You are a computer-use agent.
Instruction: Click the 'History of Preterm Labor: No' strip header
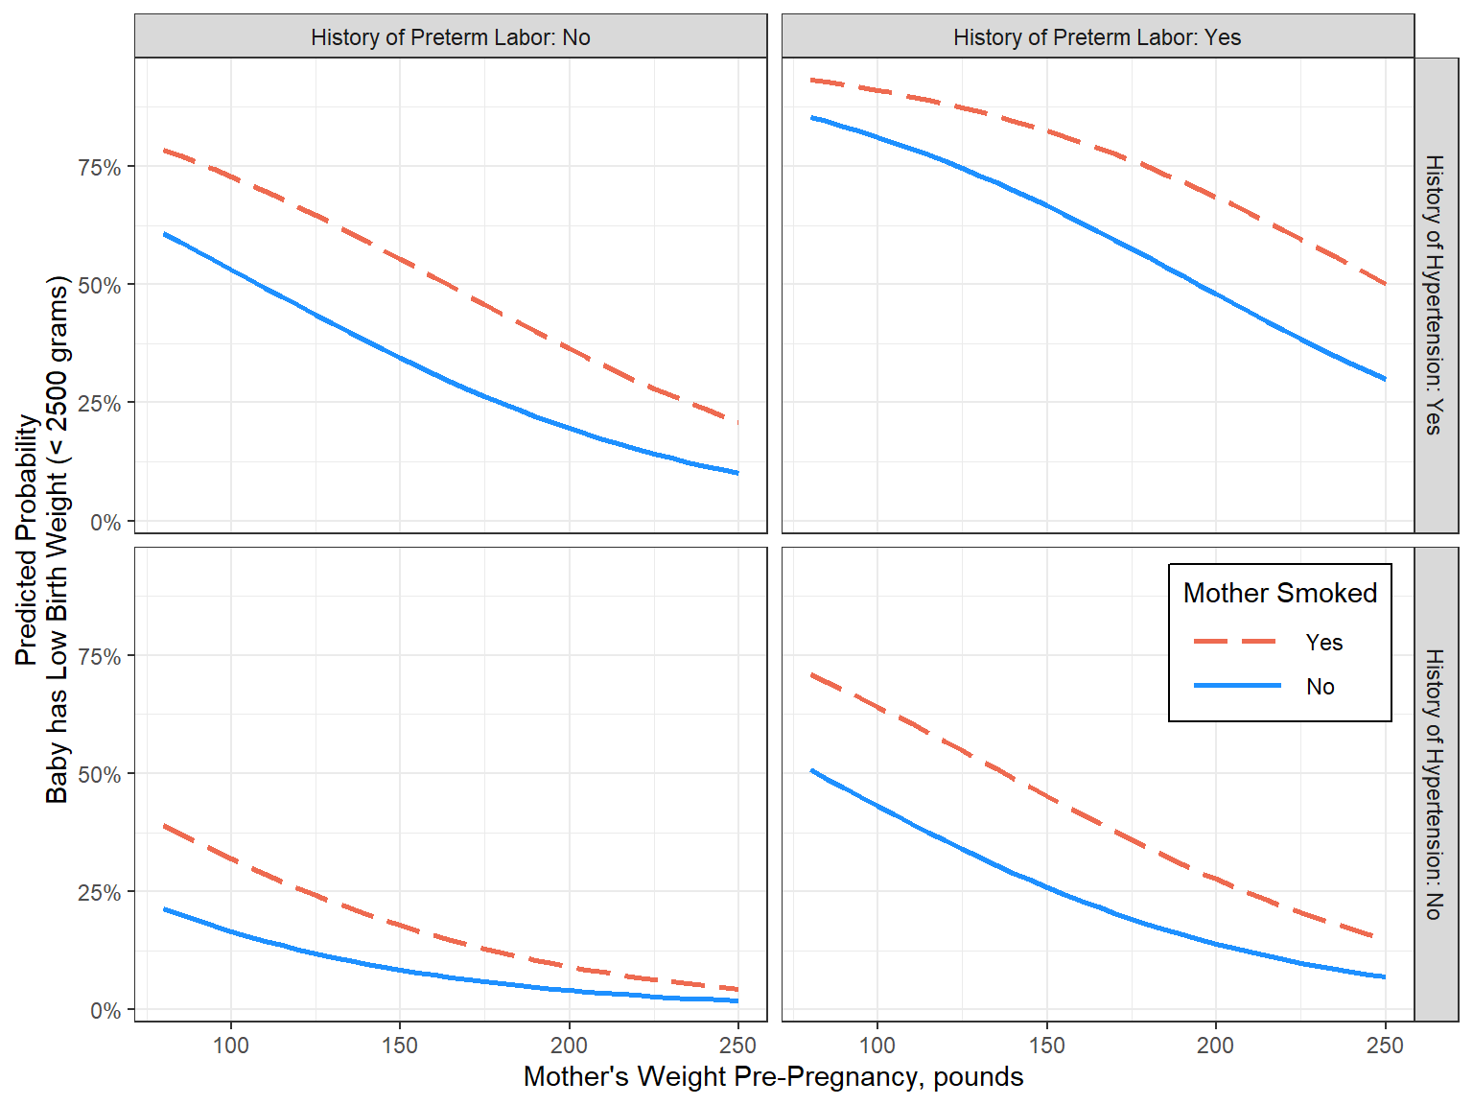coord(450,37)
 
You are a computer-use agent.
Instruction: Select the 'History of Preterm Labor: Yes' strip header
coord(1096,37)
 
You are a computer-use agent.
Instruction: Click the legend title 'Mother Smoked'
coord(1279,593)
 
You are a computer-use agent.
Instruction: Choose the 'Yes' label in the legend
coord(1323,643)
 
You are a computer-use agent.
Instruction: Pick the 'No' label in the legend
coord(1320,687)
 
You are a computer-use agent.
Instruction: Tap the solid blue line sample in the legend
coord(1236,686)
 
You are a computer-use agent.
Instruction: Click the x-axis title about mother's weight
coord(773,1077)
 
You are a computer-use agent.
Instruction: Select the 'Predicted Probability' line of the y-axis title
coord(26,539)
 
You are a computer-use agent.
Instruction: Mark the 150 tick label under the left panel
coord(399,1046)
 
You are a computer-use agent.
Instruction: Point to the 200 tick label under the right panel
coord(1215,1046)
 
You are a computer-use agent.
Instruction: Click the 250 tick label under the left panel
coord(736,1046)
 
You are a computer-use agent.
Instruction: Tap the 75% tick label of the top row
coord(100,168)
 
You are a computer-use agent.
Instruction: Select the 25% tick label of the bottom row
coord(100,893)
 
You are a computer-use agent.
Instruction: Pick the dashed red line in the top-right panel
coord(1047,131)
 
